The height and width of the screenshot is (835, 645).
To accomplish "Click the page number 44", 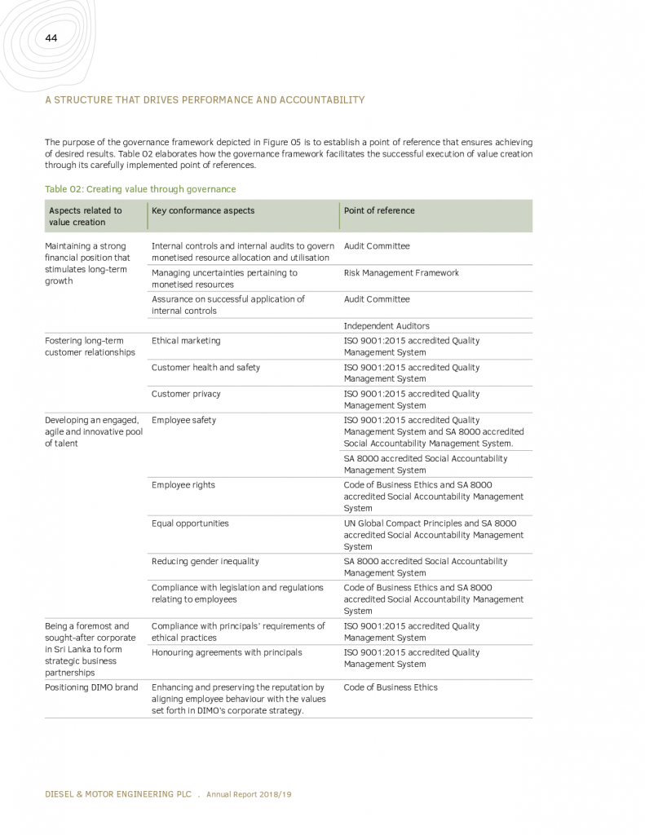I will (x=51, y=38).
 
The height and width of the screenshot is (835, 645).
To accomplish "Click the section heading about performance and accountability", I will (x=205, y=100).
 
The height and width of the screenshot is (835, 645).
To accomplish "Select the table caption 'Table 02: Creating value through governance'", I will (x=140, y=189).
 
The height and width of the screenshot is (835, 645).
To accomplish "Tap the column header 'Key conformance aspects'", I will (x=203, y=210).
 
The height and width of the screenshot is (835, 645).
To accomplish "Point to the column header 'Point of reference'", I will (x=379, y=210).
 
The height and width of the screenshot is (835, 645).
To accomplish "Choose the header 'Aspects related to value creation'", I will (x=85, y=216).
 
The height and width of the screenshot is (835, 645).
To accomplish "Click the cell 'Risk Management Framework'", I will (x=401, y=273).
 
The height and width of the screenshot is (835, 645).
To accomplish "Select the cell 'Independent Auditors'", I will (x=387, y=326).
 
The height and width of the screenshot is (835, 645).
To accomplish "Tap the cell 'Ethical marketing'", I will (x=186, y=341).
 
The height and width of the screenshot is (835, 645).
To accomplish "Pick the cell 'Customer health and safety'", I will (x=205, y=368).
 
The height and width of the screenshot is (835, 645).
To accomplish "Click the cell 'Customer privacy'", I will (x=186, y=394).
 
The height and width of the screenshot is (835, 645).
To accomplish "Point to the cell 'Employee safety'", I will (x=183, y=421).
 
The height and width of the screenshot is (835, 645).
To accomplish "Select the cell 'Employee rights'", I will (x=183, y=485).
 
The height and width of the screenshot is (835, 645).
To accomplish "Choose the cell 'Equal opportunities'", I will (x=190, y=524).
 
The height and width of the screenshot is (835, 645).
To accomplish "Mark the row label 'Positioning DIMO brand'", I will (x=91, y=687).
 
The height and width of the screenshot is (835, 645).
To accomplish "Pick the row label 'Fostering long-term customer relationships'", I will (x=90, y=347).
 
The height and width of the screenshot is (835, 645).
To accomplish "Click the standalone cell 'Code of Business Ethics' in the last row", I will (x=391, y=687).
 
